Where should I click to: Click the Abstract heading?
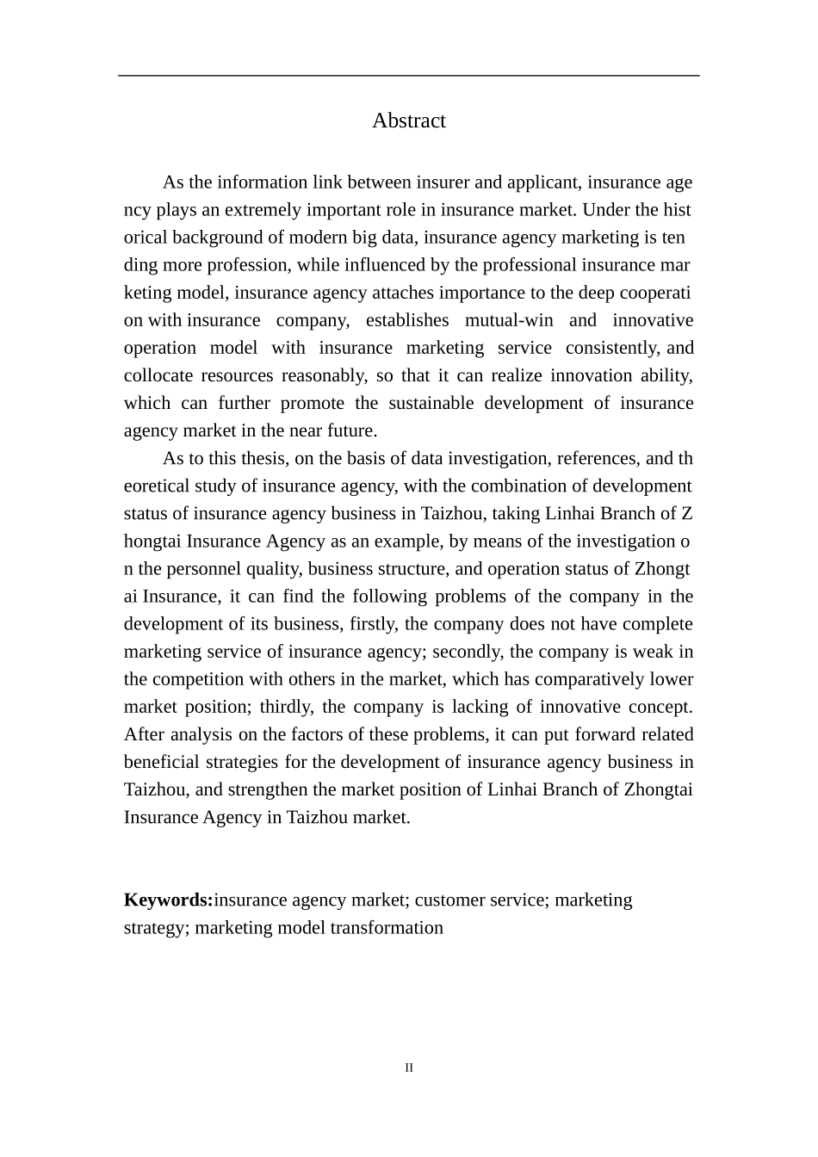coord(408,121)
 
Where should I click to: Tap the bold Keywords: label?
coord(168,900)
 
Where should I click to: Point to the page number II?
coord(409,1067)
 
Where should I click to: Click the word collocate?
coord(156,375)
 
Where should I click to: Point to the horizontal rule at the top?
coord(408,76)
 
